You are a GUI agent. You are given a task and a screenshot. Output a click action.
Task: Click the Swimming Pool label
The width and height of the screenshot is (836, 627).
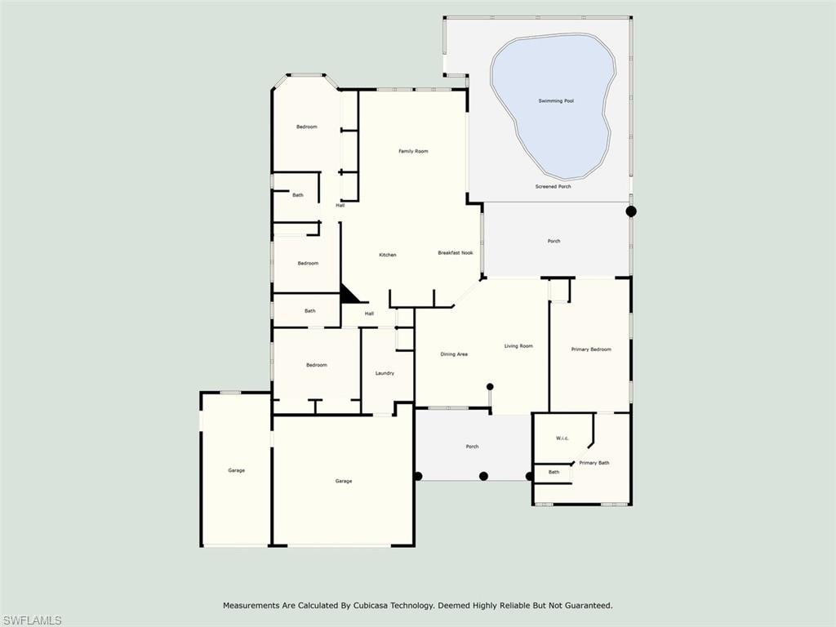coord(556,100)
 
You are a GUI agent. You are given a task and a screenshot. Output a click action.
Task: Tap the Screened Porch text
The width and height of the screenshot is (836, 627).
coord(553,187)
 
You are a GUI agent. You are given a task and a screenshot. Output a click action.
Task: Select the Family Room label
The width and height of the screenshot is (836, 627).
coord(413,151)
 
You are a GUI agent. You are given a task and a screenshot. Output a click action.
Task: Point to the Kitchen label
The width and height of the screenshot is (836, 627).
coord(388,255)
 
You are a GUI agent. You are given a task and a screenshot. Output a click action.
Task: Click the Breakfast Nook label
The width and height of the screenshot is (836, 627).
coord(455,253)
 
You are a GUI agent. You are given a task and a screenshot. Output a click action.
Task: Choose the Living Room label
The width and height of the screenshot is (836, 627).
coord(518,346)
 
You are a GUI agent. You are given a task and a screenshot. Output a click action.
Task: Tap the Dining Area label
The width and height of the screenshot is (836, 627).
coord(454,354)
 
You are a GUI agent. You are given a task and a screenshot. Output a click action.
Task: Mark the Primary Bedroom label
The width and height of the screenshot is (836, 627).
coord(591,349)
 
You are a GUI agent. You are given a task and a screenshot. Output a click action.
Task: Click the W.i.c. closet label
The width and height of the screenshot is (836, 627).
coord(563,438)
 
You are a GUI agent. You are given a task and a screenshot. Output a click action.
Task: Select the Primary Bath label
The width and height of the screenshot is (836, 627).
coord(594,463)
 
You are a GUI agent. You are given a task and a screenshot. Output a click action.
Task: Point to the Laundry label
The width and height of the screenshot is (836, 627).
coord(385,373)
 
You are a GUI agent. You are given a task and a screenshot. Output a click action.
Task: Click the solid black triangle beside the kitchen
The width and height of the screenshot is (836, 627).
coord(349,295)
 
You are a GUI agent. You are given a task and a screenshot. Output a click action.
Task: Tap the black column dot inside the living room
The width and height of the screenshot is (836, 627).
coord(490,386)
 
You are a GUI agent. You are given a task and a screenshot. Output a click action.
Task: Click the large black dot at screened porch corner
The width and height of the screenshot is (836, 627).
coord(631,211)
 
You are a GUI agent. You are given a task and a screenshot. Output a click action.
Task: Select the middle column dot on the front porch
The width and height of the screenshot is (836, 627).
coord(483,476)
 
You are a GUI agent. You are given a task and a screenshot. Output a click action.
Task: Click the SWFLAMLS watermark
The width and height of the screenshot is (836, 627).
coord(31,620)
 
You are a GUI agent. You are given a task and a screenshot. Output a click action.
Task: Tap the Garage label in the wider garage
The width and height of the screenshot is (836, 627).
coord(344,481)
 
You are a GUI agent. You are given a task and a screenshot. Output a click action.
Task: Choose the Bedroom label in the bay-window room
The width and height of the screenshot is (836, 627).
coord(307,127)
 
